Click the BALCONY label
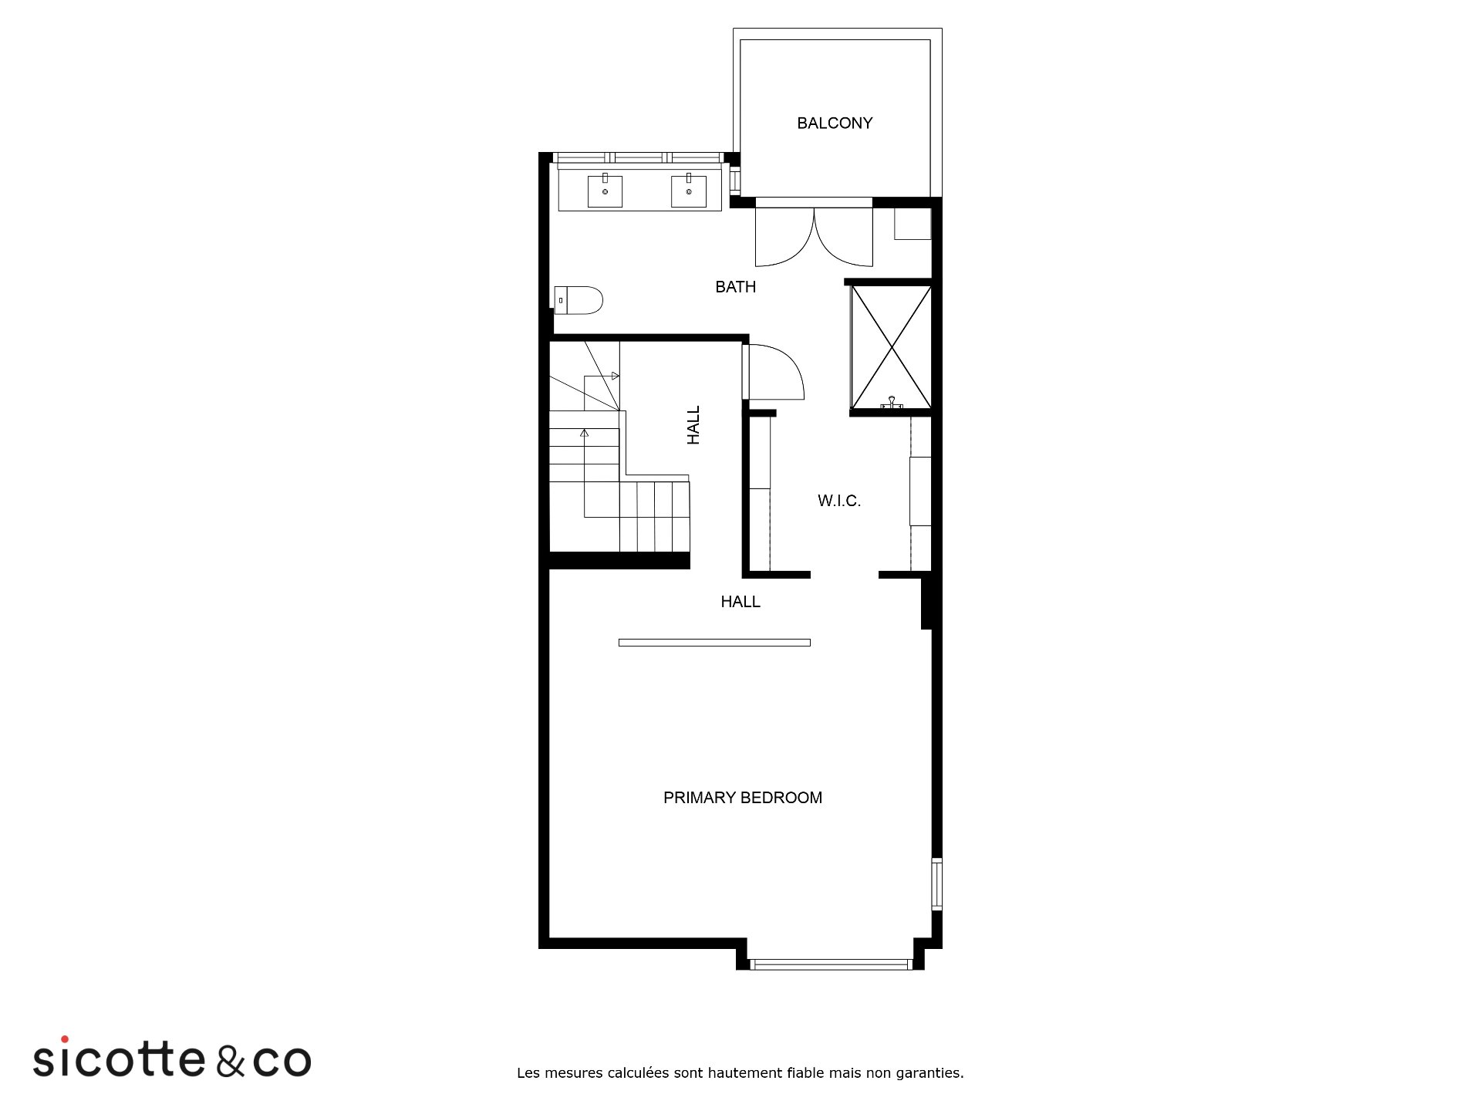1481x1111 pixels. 835,123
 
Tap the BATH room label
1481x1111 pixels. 735,287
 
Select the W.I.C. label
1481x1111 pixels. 839,501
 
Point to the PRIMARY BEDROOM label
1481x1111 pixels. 743,798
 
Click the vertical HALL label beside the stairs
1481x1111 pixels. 693,425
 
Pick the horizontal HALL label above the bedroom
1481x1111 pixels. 740,602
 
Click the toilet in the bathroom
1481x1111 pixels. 579,300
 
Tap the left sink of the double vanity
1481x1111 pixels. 605,191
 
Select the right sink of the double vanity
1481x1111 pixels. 689,191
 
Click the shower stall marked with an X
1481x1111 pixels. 891,347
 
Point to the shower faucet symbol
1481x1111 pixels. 892,402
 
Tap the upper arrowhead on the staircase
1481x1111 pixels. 615,376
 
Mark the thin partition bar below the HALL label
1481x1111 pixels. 714,643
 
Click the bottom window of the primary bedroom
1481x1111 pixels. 832,964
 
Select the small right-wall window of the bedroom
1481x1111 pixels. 936,884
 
